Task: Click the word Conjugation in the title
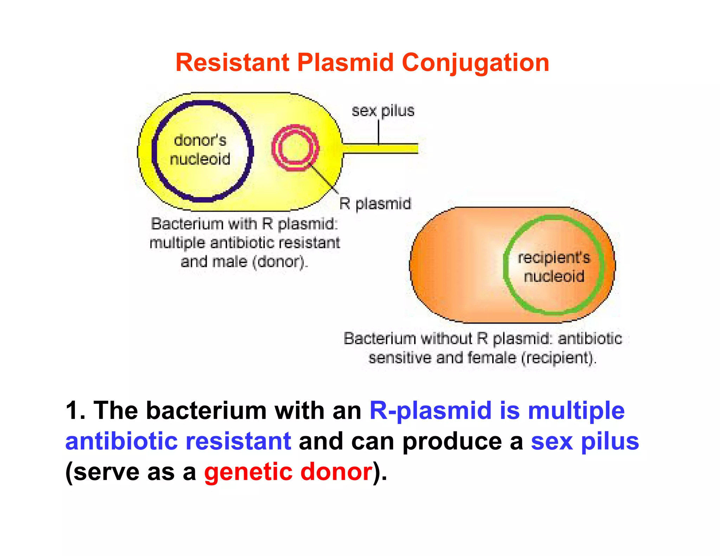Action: pos(475,63)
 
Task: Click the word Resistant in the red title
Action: pos(232,63)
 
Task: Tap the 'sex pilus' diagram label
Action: pos(383,111)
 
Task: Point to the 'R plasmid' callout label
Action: pos(375,204)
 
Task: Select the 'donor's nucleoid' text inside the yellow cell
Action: pos(200,150)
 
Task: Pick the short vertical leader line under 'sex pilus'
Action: pos(379,132)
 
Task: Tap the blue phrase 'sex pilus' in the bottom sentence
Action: pos(585,441)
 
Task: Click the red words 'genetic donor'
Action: pos(288,472)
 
